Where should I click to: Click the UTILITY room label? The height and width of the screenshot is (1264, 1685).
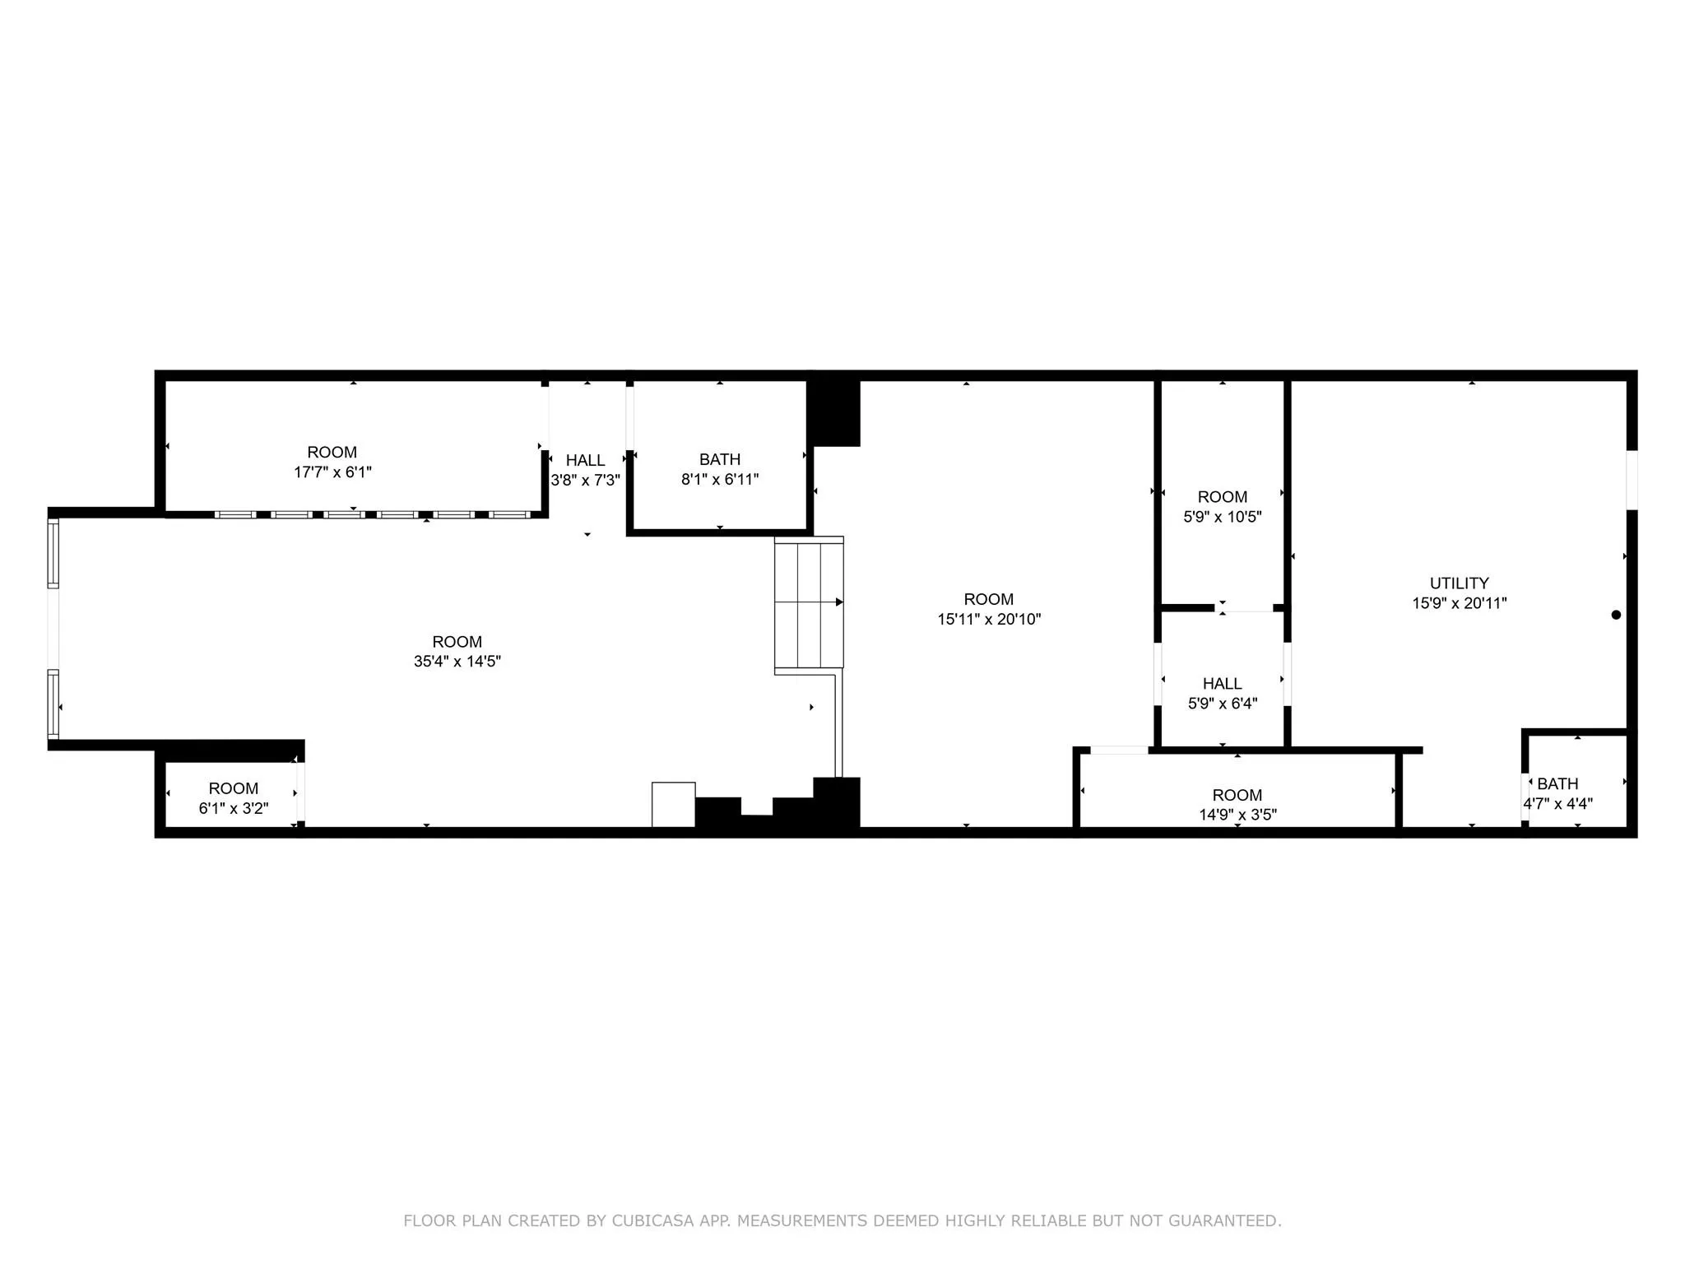1459,583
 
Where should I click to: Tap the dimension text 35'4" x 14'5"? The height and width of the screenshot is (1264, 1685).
457,662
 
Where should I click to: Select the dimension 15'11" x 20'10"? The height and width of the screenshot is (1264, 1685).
989,619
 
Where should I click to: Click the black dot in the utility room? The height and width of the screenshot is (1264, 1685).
1616,615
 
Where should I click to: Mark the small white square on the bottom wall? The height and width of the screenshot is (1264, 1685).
673,804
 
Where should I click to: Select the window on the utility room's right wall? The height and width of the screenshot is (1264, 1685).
1632,480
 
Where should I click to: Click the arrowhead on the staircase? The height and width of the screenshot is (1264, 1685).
839,602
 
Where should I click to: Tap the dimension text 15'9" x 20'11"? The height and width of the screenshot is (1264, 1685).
1459,603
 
